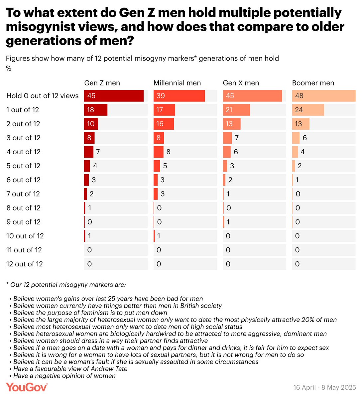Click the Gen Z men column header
tap(102, 83)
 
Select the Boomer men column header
tap(313, 83)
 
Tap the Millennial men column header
tap(177, 83)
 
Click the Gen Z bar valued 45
tap(114, 96)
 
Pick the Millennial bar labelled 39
tap(179, 96)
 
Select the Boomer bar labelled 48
tap(323, 96)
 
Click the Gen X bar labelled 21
tap(236, 110)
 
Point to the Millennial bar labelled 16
tap(164, 124)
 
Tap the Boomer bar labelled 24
tap(308, 110)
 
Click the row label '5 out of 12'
tap(23, 166)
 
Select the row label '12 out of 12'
tap(25, 264)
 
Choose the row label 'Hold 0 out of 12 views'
tap(43, 96)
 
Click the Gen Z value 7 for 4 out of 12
tap(98, 152)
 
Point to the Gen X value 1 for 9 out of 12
tap(228, 222)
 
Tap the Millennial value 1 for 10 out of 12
tap(159, 236)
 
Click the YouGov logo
tap(27, 387)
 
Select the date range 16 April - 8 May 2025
tap(324, 388)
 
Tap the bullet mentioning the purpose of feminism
tap(90, 313)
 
